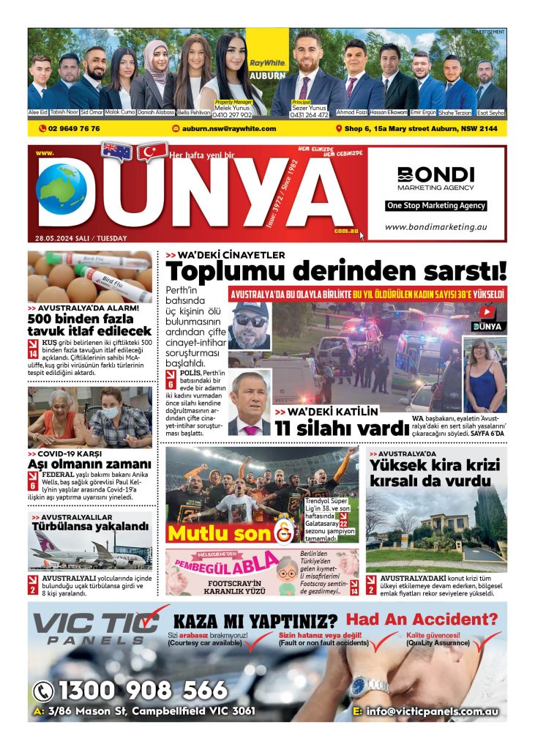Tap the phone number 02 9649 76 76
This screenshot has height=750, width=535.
[69, 129]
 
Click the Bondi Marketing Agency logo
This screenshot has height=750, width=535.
[435, 178]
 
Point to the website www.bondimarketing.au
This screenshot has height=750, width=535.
[435, 227]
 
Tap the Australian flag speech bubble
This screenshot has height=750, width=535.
[117, 151]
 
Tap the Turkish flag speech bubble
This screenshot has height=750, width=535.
[151, 151]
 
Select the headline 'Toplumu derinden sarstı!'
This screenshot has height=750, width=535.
[336, 272]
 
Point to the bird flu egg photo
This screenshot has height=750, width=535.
[90, 276]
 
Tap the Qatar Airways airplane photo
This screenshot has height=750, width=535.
[90, 549]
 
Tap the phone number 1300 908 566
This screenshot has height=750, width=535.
[132, 691]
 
